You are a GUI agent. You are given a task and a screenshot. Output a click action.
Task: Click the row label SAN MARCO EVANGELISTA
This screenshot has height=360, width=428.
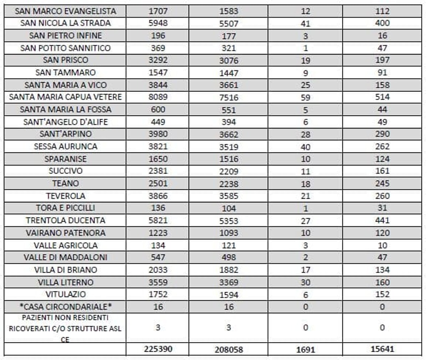point(65,11)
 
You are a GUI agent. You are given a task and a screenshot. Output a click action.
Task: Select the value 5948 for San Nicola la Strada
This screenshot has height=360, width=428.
point(158,23)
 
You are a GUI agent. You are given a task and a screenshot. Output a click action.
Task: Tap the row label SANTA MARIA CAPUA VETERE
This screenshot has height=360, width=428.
point(65,97)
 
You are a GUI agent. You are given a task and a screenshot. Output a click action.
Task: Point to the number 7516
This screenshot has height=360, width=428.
point(229,97)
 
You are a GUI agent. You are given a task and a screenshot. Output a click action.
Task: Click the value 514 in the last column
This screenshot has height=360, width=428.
point(382,97)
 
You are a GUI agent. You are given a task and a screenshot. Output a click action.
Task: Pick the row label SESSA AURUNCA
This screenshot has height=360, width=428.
point(65,146)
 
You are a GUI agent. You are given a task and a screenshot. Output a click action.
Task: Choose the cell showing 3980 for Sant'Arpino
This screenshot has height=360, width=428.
point(158,134)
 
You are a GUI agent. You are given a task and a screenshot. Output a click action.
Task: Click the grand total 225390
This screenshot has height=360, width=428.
point(158,349)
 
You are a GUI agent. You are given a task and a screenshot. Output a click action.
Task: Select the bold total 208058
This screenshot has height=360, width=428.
point(229,349)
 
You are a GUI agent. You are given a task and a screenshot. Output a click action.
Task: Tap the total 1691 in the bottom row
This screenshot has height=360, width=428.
point(305,349)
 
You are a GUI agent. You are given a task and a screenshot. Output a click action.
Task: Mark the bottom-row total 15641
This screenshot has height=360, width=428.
point(382,349)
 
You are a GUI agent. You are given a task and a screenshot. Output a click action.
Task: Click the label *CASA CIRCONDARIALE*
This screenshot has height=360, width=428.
point(65,307)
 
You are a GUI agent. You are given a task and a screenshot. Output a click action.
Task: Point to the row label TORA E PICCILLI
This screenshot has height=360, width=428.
point(65,208)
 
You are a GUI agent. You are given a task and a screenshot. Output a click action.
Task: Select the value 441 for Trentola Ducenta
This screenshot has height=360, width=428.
point(382,220)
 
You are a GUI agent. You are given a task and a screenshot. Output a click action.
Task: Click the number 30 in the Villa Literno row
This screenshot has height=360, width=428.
point(305,283)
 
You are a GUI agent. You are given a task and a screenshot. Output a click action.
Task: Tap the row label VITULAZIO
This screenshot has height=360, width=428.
point(65,294)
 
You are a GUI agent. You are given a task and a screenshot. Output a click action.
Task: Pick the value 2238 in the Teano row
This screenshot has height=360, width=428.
point(229,184)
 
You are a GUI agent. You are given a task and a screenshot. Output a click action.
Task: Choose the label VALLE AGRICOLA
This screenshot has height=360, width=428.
point(65,245)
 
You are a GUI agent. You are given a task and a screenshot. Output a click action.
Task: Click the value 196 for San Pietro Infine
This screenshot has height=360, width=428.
point(158,36)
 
